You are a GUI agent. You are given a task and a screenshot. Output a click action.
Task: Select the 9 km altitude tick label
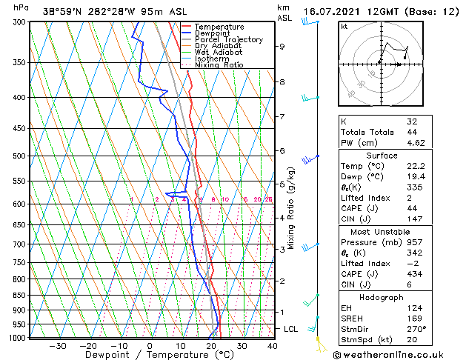[x=282, y=46]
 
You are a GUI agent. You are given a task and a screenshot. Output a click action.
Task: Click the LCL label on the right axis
[x=291, y=328]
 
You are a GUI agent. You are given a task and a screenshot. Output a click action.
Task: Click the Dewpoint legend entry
[x=212, y=33]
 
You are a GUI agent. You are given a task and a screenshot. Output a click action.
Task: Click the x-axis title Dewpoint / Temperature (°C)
[x=147, y=356]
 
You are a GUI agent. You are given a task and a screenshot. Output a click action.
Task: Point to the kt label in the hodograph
[x=344, y=27]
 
